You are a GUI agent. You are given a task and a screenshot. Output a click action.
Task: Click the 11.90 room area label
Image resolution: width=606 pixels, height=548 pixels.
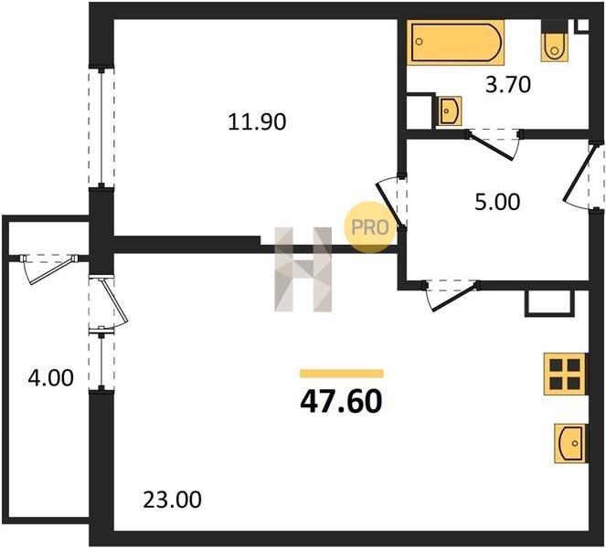[257, 122]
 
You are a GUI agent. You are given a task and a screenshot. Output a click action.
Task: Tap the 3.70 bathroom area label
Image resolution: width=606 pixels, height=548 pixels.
[508, 85]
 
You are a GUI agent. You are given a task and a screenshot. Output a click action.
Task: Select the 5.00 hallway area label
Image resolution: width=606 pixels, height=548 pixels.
[497, 203]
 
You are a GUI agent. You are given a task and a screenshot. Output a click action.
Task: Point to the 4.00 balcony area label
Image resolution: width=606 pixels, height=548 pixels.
[50, 378]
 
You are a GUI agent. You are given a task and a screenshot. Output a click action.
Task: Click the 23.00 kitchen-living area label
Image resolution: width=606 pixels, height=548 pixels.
[173, 500]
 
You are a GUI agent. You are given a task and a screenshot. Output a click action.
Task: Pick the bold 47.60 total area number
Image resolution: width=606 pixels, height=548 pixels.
[341, 402]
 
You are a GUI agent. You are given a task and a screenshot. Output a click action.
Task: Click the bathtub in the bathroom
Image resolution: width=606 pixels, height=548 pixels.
[456, 43]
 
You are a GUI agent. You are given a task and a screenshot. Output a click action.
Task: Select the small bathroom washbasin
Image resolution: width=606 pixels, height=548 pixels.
[449, 111]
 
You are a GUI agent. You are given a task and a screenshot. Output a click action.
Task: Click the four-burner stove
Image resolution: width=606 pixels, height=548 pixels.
[566, 374]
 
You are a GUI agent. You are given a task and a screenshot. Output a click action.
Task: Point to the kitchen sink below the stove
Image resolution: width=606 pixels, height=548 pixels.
[570, 443]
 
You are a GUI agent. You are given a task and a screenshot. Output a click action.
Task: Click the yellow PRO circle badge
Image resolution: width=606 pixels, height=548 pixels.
[370, 227]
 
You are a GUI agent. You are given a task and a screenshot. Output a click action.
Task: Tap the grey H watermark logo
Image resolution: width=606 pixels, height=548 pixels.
[303, 269]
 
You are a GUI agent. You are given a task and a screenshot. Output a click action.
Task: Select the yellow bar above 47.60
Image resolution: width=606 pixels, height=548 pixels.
[342, 374]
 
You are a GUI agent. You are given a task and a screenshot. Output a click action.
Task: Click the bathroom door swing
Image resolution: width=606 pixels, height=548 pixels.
[494, 144]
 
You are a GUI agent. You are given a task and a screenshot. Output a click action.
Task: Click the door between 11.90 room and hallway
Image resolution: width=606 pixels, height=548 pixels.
[391, 204]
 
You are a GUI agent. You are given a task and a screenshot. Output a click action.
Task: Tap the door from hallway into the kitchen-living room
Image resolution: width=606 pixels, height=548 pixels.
[452, 295]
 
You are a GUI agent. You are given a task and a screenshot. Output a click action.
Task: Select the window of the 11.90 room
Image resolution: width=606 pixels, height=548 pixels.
[101, 128]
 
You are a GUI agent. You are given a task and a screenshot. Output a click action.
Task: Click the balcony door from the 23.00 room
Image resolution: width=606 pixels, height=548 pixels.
[109, 302]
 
